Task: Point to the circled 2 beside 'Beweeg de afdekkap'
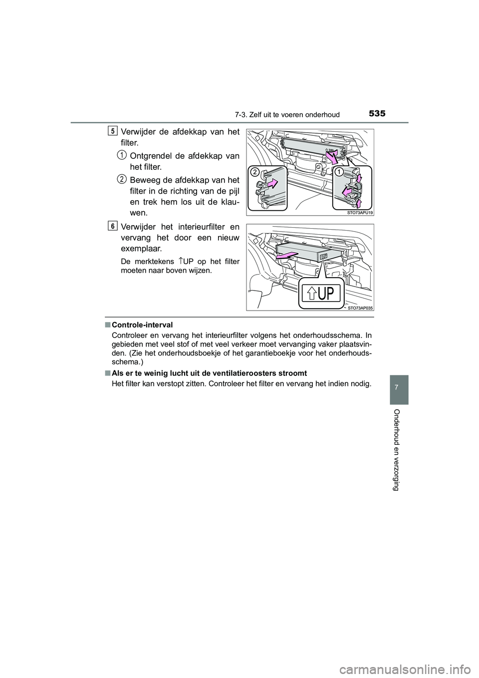tap(121, 178)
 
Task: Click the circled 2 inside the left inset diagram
tap(255, 172)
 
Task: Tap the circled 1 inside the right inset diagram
tap(339, 172)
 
